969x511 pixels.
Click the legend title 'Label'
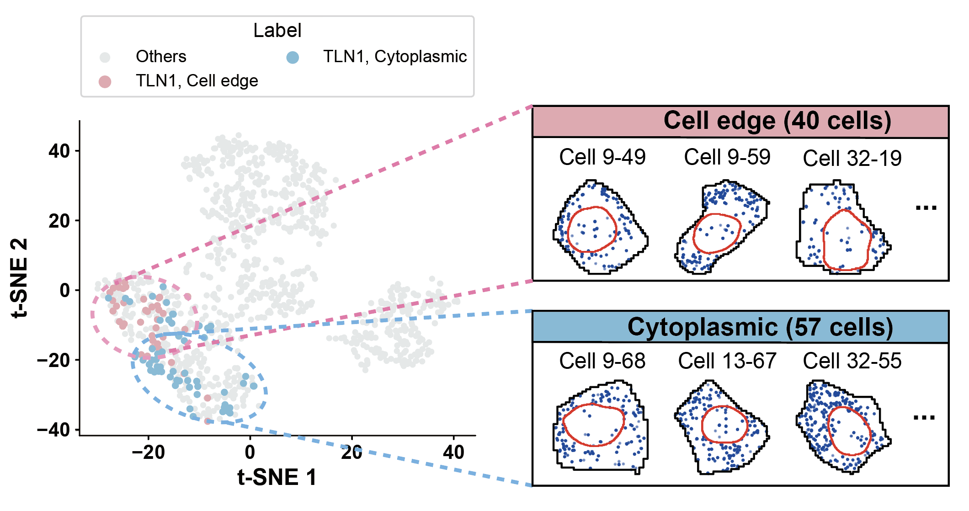pyautogui.click(x=277, y=31)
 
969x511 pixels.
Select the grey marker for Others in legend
pyautogui.click(x=105, y=57)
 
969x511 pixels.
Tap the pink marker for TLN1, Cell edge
pyautogui.click(x=105, y=82)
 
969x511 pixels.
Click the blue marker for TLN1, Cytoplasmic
pyautogui.click(x=293, y=57)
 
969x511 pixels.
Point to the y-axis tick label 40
pyautogui.click(x=59, y=151)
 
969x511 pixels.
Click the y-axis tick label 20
pyautogui.click(x=59, y=221)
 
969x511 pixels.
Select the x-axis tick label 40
pyautogui.click(x=453, y=452)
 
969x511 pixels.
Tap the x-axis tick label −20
pyautogui.click(x=148, y=452)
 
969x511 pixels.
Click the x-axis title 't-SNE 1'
pyautogui.click(x=277, y=478)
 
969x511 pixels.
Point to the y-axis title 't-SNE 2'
pyautogui.click(x=19, y=277)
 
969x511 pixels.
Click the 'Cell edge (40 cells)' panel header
pyautogui.click(x=740, y=122)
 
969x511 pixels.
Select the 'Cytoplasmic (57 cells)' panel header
pyautogui.click(x=740, y=327)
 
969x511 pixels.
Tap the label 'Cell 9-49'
pyautogui.click(x=602, y=157)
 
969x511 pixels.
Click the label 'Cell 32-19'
pyautogui.click(x=852, y=159)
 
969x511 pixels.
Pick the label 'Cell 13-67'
pyautogui.click(x=727, y=361)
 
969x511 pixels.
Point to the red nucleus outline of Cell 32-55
pyautogui.click(x=828, y=430)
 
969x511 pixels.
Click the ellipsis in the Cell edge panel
pyautogui.click(x=926, y=208)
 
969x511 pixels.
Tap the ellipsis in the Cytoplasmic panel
pyautogui.click(x=924, y=417)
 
